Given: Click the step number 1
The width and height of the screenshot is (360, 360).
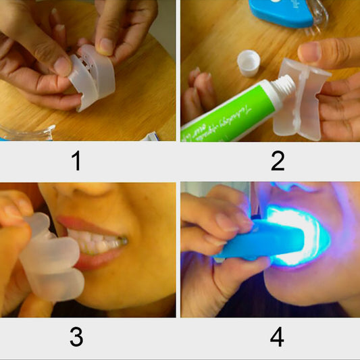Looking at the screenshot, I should [x=76, y=161].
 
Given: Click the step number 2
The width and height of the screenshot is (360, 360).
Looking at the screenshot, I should [x=277, y=161].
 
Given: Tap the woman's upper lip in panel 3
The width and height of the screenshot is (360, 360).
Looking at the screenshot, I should [x=88, y=224].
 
